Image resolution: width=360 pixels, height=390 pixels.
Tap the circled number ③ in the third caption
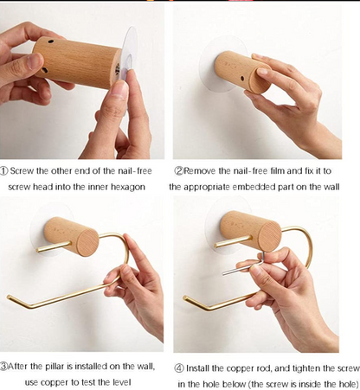(6, 366)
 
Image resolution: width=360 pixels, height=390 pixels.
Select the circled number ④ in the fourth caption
(180, 366)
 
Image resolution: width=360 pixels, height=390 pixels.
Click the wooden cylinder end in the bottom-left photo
(87, 239)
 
